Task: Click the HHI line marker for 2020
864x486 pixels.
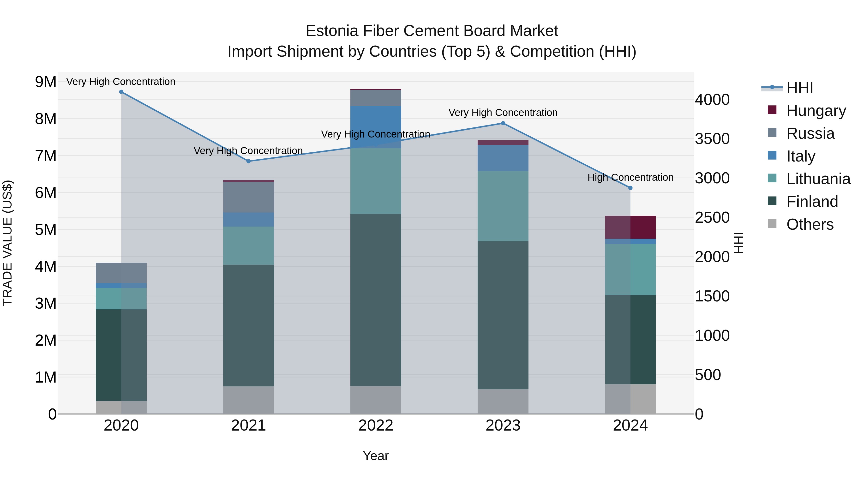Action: [121, 92]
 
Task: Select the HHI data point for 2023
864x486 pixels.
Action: [503, 123]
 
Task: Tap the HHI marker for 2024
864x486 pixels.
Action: [630, 188]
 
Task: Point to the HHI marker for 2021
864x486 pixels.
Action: [249, 161]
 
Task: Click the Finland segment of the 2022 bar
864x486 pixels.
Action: [376, 300]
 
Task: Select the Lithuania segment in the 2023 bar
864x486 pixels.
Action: [503, 206]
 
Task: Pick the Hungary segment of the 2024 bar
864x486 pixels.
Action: [630, 228]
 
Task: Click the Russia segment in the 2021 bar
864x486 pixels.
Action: [249, 197]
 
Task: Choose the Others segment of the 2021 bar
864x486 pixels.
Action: [249, 400]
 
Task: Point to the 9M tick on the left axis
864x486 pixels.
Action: [46, 82]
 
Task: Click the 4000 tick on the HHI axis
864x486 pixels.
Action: [712, 100]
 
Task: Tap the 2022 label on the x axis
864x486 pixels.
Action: [376, 426]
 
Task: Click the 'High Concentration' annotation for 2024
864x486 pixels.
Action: [630, 177]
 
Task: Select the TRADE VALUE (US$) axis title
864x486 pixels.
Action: [7, 243]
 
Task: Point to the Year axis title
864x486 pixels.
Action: [376, 456]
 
